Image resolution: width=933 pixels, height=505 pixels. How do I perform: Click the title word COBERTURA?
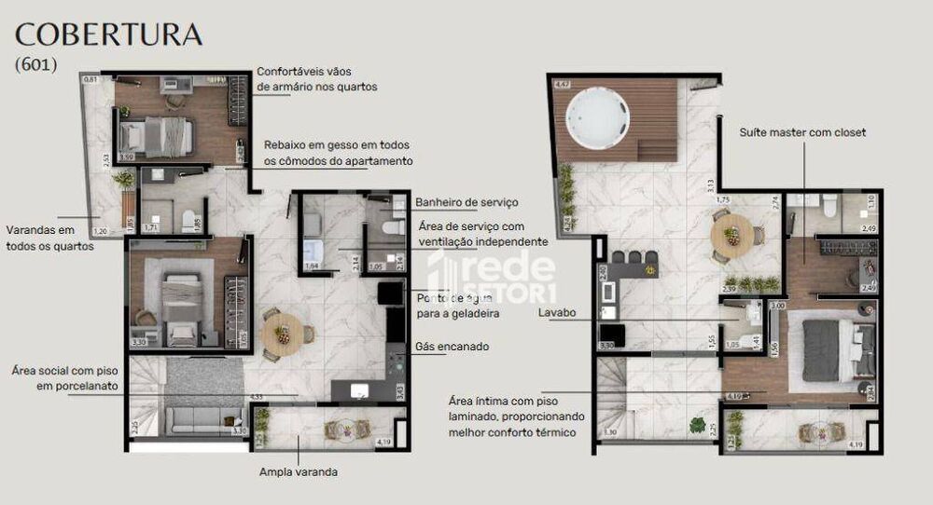109,34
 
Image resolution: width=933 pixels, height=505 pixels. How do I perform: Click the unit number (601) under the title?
36,65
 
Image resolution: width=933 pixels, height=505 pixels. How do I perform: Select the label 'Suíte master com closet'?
802,132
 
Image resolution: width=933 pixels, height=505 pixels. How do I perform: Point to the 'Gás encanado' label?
452,347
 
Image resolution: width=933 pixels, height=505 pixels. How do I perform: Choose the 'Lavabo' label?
558,313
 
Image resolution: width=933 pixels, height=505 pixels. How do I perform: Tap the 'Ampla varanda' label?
299,471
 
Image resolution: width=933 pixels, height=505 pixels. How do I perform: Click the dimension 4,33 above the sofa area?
255,397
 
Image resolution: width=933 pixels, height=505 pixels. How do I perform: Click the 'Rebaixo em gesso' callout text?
337,153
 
